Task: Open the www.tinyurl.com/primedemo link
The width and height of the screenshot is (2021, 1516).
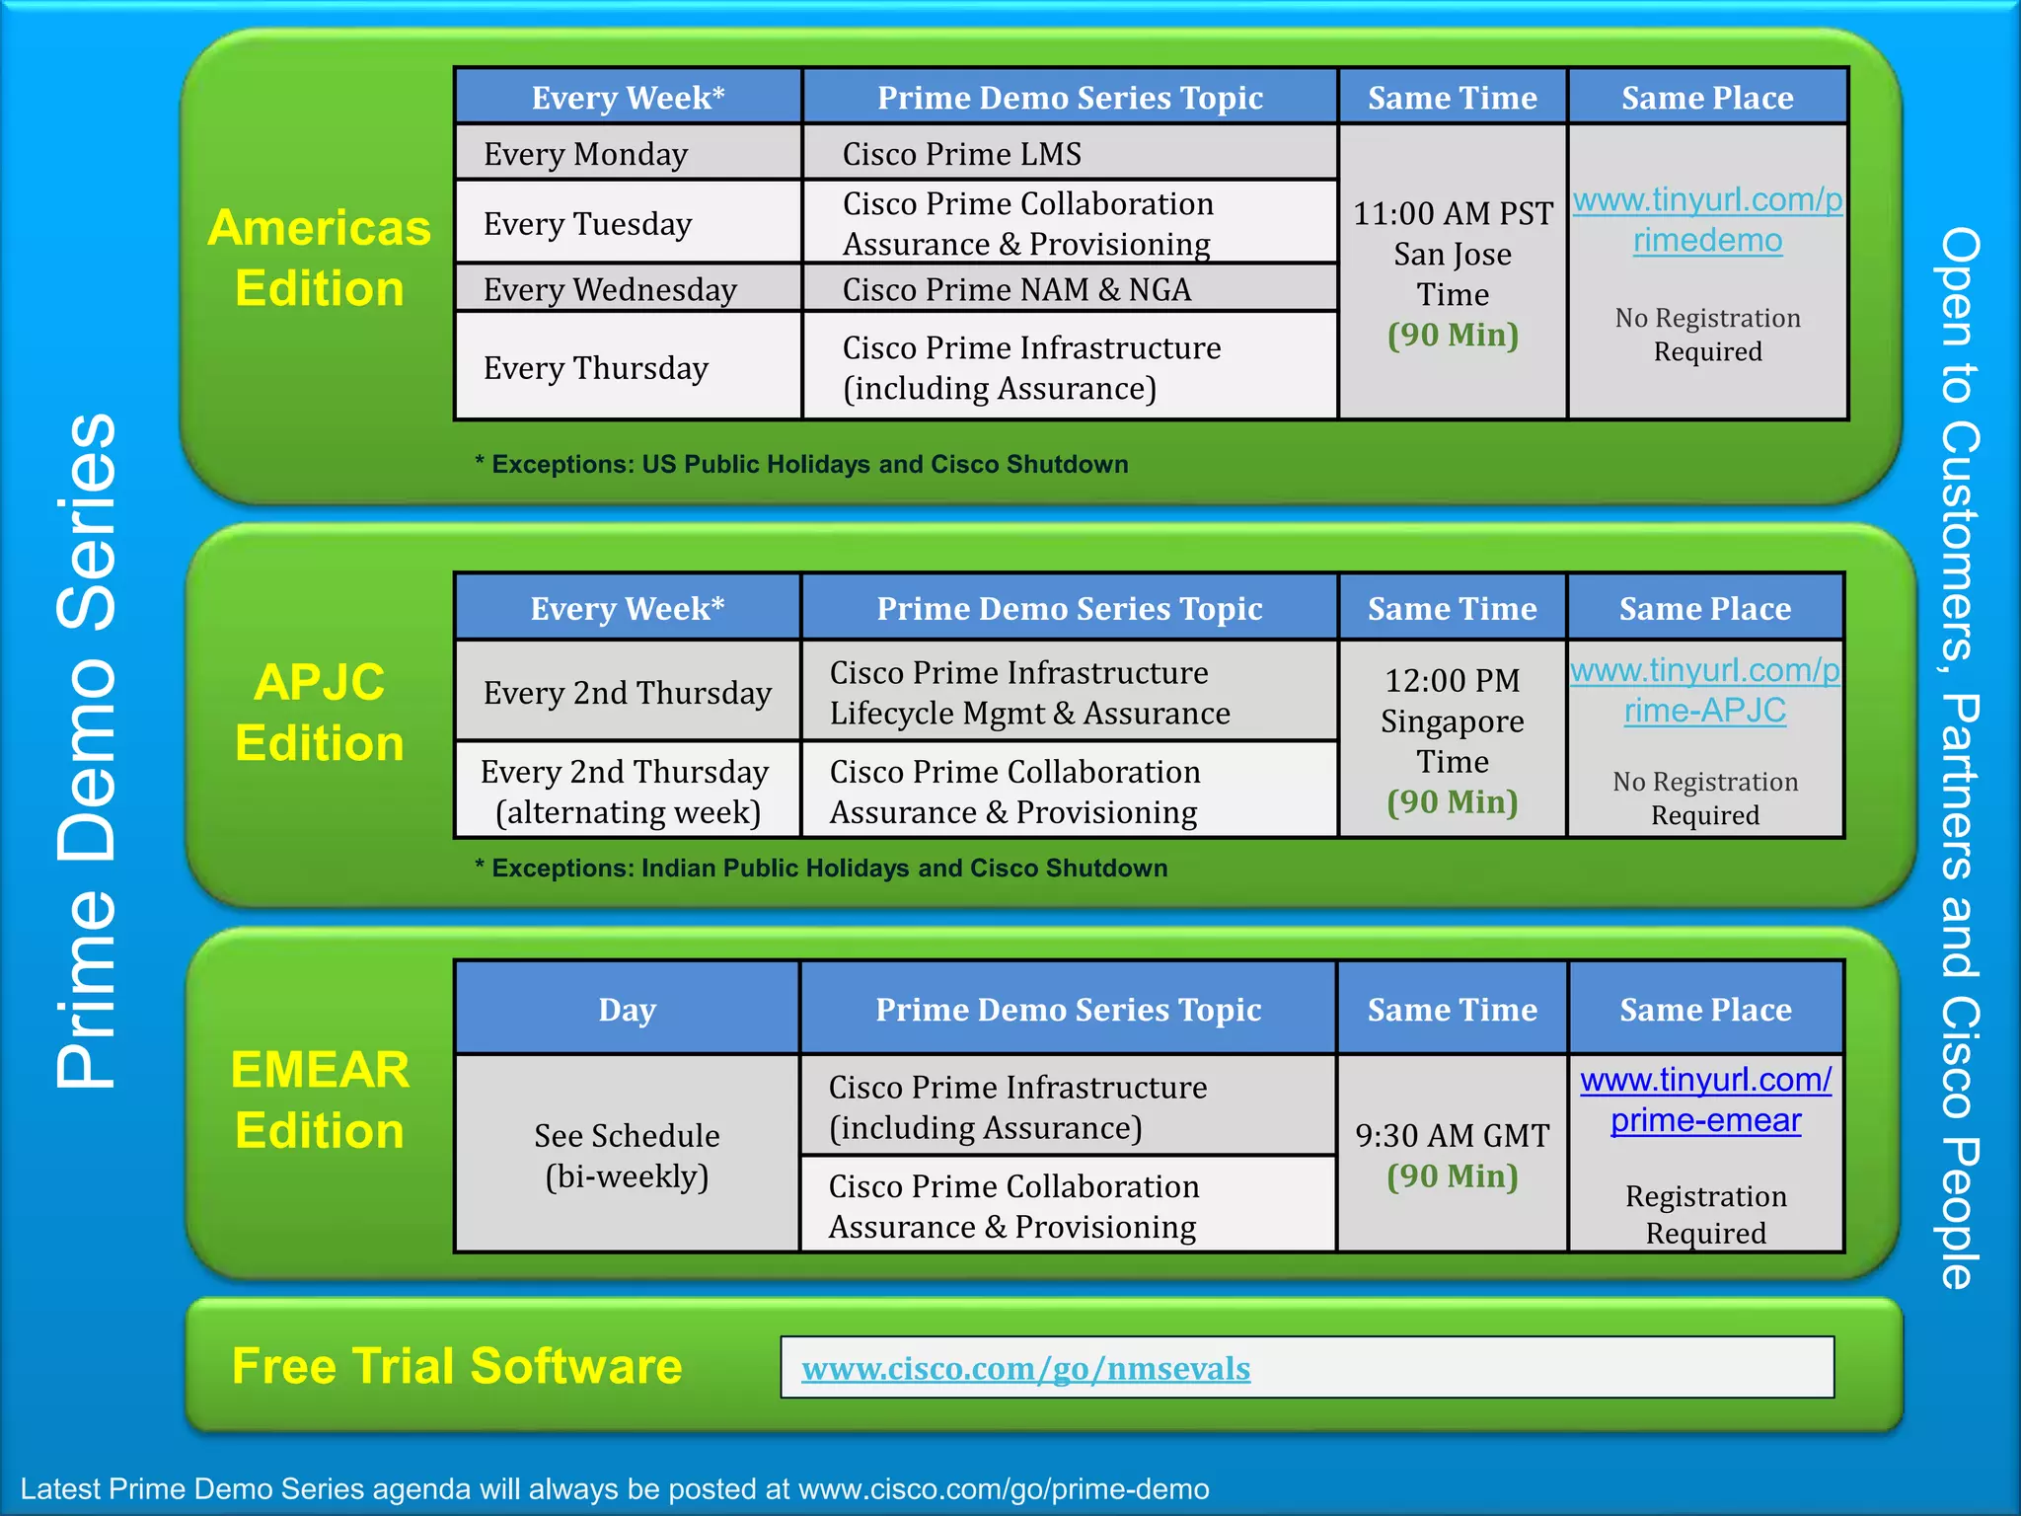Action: (1707, 220)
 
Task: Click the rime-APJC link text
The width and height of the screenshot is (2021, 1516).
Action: (1705, 711)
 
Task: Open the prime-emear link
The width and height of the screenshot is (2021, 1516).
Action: (1706, 1121)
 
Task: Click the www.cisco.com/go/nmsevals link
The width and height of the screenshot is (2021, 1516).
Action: (1026, 1369)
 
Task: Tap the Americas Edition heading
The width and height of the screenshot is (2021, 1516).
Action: (320, 259)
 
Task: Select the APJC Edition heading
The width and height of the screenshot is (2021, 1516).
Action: (320, 713)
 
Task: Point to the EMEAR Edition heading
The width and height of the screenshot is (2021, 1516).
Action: (320, 1100)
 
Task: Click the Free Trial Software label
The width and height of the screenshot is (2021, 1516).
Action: (457, 1366)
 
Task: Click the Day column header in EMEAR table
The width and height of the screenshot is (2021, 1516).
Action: (628, 1010)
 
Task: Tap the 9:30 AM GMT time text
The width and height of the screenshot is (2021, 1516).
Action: (1453, 1136)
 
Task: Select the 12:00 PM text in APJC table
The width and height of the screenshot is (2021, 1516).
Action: (1453, 681)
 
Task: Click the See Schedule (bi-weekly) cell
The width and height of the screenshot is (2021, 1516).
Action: (628, 1156)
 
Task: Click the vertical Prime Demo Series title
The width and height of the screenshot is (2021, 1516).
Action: (87, 750)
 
